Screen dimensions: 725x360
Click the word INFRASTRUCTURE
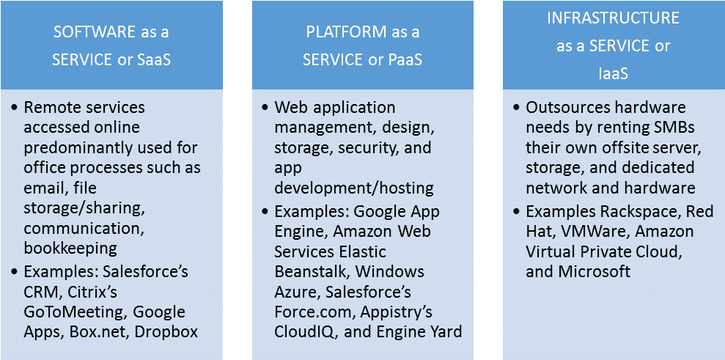click(613, 18)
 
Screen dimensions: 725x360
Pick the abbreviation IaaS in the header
click(613, 74)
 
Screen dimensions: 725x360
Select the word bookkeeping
click(70, 249)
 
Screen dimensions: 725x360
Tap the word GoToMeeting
click(74, 312)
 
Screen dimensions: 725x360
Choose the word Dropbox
click(166, 332)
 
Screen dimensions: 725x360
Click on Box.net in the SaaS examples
click(100, 332)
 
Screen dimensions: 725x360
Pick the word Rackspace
click(641, 212)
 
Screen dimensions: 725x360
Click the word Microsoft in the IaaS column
click(595, 271)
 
